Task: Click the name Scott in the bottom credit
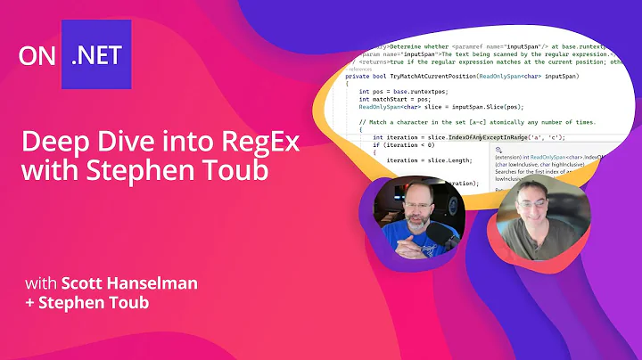tap(85, 284)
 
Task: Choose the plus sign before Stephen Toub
tap(29, 305)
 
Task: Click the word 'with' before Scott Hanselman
tap(40, 284)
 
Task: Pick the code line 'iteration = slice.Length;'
tap(420, 160)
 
